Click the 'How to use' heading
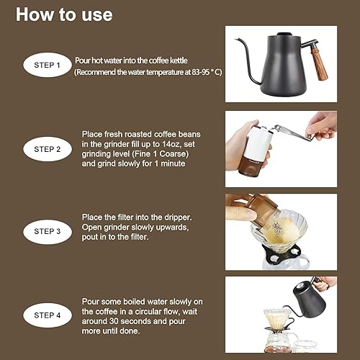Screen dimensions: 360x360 point(64,14)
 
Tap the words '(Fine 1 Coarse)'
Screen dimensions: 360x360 point(161,153)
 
